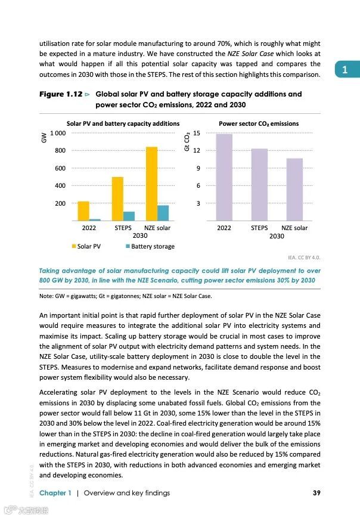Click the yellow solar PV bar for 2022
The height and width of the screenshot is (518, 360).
click(x=83, y=211)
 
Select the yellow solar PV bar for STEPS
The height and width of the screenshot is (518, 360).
click(x=117, y=199)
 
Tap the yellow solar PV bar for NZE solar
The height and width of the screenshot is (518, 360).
click(x=151, y=184)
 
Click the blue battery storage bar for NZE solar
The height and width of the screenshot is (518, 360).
click(x=163, y=213)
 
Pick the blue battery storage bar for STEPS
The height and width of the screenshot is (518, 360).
click(x=129, y=216)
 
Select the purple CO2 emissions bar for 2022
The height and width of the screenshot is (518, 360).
click(x=224, y=178)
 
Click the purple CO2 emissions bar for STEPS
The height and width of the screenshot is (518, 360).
click(x=259, y=185)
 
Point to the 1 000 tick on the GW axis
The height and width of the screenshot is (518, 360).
click(x=58, y=133)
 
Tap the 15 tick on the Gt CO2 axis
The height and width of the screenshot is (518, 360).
click(x=197, y=133)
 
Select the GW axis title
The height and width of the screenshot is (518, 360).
click(x=44, y=138)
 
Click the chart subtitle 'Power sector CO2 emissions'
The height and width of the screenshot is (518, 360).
click(x=259, y=123)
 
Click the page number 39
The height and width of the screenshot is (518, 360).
click(x=316, y=492)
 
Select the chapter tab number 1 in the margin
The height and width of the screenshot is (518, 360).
click(x=345, y=70)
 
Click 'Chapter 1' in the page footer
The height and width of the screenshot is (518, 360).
click(x=55, y=492)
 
